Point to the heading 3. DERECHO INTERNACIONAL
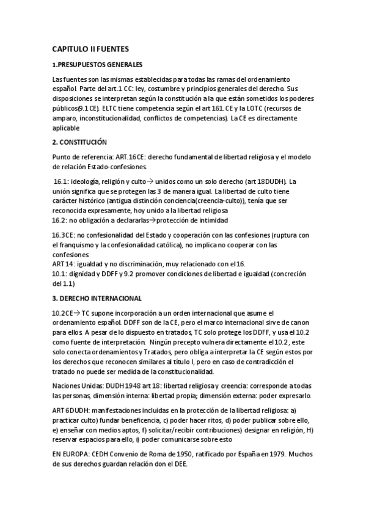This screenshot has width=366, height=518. [97, 298]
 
